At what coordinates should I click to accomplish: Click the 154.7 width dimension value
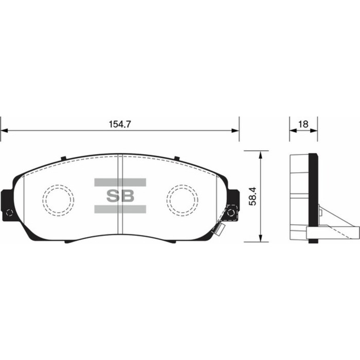pyautogui.click(x=120, y=124)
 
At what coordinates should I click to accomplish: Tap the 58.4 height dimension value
pyautogui.click(x=253, y=196)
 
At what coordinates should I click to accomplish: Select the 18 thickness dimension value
pyautogui.click(x=303, y=124)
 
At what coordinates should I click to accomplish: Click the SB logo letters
pyautogui.click(x=120, y=195)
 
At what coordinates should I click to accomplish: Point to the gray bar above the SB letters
pyautogui.click(x=120, y=182)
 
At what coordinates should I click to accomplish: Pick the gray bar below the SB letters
pyautogui.click(x=120, y=209)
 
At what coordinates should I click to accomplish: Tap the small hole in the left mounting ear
pyautogui.click(x=9, y=212)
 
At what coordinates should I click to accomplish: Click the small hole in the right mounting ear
pyautogui.click(x=231, y=213)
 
